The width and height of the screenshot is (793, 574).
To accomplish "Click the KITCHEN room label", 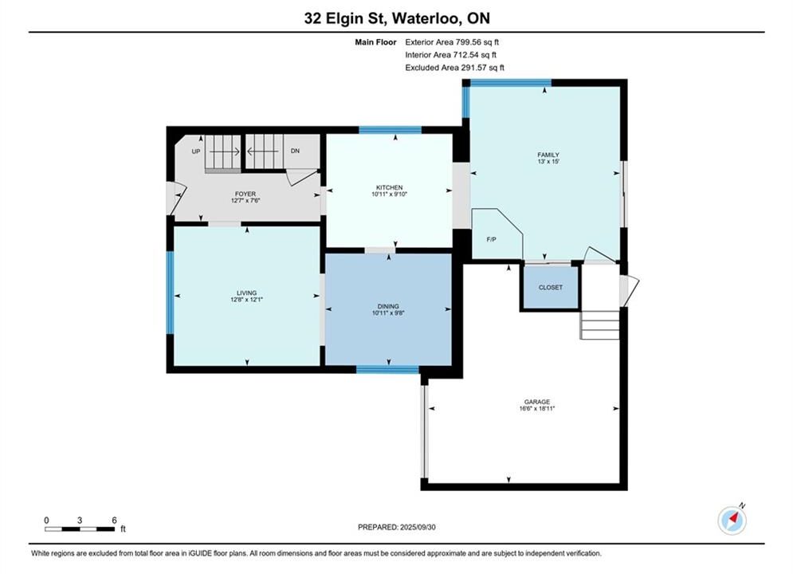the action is coord(389,187).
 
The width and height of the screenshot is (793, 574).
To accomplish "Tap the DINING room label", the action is coord(388,306).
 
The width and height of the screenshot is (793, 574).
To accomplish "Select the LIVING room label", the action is coord(247,293).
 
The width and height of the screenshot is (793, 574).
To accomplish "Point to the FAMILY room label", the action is coord(548,155).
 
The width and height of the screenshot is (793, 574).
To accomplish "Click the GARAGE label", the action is coord(536,402).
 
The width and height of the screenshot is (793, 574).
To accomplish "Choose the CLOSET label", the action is coord(550,287).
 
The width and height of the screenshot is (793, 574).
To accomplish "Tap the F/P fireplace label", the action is coord(491,240).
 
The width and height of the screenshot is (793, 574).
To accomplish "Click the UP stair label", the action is coord(196,151).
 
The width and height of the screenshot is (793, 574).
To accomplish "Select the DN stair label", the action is coord(296,151).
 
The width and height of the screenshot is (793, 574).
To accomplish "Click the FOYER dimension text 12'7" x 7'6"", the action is coord(245,200).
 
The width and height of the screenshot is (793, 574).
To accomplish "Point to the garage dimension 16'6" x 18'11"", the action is coord(536,409).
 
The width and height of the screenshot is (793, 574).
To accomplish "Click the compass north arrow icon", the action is coord(732,519).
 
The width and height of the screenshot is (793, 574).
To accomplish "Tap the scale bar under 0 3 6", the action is coord(80,529).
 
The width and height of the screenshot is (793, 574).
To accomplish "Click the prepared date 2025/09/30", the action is coord(418,527).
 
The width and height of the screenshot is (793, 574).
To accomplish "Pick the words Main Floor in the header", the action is coord(375,42).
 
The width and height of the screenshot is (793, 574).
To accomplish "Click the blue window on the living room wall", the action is coord(171,293).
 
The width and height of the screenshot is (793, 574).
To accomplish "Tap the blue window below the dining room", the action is coord(388,369).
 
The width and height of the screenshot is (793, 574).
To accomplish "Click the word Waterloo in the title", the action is coord(426,18).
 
